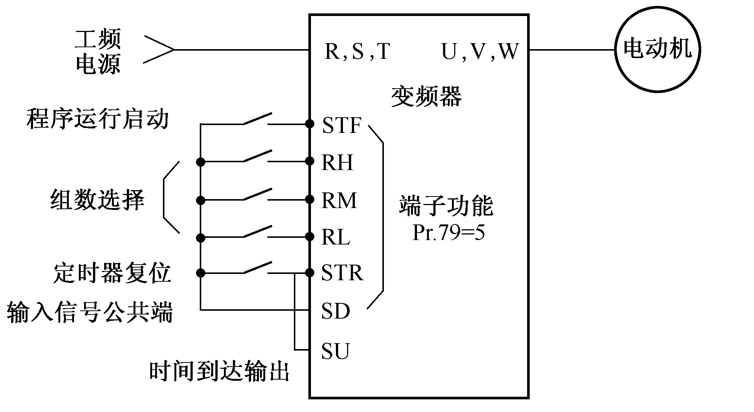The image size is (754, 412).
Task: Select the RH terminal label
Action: tap(337, 163)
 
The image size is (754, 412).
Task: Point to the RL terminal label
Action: tap(336, 237)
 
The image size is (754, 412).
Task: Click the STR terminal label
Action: tap(342, 273)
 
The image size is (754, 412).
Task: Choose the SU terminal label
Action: tap(336, 351)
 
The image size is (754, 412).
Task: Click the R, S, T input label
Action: tap(357, 51)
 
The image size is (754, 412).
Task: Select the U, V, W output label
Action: tap(479, 52)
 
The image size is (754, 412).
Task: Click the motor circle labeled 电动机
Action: tap(657, 49)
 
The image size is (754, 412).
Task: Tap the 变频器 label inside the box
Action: tap(426, 97)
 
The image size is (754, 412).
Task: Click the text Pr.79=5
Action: tap(449, 233)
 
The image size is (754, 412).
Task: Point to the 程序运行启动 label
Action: tap(97, 119)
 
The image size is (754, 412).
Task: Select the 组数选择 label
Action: tap(97, 200)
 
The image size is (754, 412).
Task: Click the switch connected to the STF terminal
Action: tap(257, 119)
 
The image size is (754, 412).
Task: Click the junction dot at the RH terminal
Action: tap(309, 161)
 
